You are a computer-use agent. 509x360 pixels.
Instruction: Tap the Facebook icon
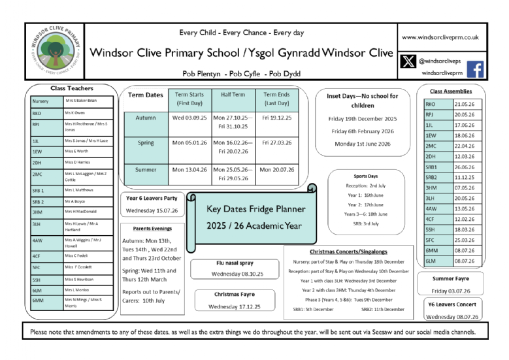coord(475,69)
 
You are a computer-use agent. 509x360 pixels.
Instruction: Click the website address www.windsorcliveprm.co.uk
coord(440,38)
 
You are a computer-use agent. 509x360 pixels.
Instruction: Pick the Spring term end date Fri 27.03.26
coord(276,142)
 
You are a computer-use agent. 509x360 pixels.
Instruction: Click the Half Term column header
coord(233,95)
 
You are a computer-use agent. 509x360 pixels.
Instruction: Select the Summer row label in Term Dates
coord(146,170)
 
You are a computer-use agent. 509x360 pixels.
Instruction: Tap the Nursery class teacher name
coord(80,101)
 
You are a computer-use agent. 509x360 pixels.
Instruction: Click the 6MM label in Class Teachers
coord(37,301)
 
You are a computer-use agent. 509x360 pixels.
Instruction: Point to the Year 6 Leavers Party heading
coord(151,198)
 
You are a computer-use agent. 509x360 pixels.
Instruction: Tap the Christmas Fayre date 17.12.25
coord(234,306)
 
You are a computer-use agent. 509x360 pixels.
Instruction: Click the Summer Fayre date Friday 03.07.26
coord(452,291)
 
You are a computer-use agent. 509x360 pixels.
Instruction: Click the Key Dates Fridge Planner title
coord(256,209)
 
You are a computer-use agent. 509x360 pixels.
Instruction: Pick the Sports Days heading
coord(365,176)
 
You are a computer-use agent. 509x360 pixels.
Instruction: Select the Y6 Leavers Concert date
coord(452,317)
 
